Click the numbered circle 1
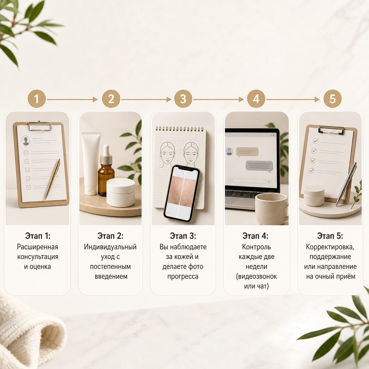pos(36,99)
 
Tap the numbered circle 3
pos(183,99)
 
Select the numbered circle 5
pos(332,99)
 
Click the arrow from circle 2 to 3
pos(146,99)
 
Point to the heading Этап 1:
pos(37,236)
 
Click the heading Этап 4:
pos(255,236)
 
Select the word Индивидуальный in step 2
pos(110,247)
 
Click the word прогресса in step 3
pos(183,276)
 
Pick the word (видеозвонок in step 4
pos(256,276)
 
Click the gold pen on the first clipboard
pos(53,179)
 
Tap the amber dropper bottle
pos(106,170)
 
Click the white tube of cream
pos(90,163)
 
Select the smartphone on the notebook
pos(182,194)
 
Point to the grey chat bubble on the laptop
pos(259,166)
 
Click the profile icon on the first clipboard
pos(26,141)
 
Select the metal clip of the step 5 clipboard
pos(331,129)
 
